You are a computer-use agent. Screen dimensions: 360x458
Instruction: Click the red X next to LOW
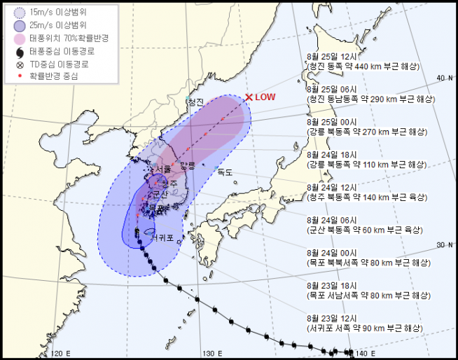point(249,98)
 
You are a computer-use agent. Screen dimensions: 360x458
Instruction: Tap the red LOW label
point(265,98)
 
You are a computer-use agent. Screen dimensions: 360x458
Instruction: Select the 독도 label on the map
point(224,172)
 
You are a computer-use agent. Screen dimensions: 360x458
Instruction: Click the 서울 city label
point(162,169)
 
